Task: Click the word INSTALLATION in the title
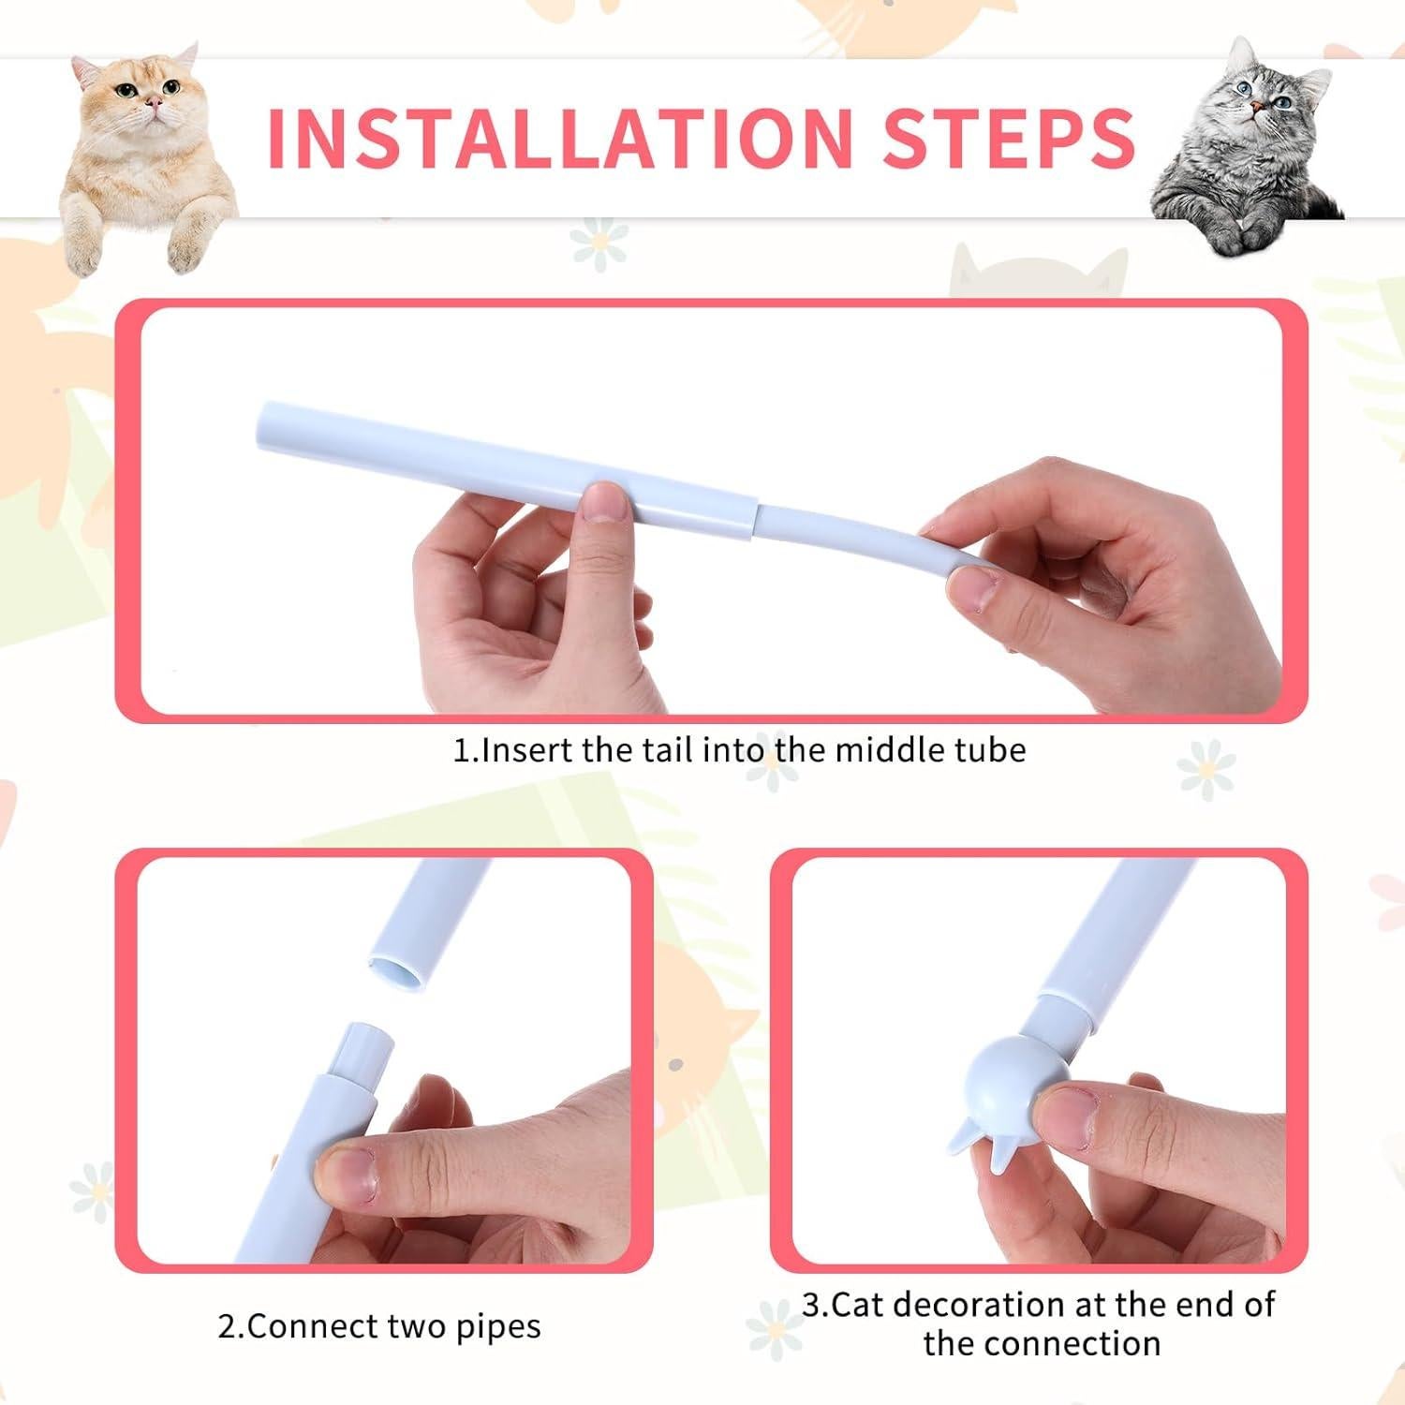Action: coord(559,138)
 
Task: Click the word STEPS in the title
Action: coord(1009,138)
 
